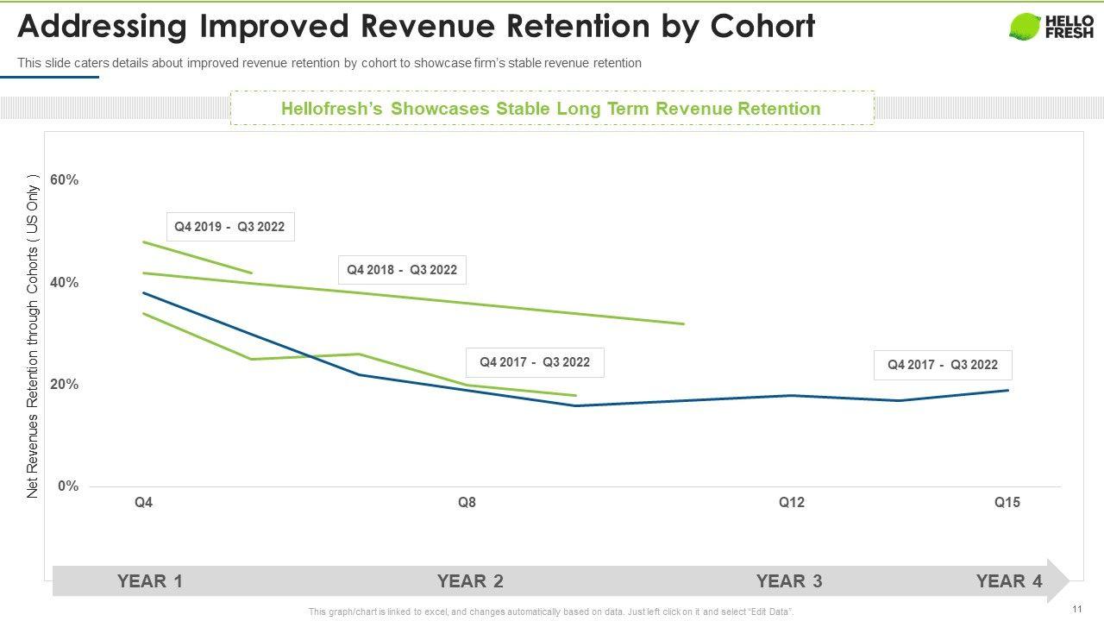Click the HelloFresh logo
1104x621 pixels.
1051,27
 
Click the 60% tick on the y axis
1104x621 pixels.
65,180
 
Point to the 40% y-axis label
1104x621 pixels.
65,283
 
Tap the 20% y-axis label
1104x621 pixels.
65,385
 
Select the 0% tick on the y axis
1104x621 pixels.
68,486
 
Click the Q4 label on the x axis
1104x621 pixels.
143,503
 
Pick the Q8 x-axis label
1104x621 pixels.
467,503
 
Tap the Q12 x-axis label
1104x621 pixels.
791,503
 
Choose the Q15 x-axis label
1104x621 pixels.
1007,503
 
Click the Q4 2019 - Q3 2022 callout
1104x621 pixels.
229,228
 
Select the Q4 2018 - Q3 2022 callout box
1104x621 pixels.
402,271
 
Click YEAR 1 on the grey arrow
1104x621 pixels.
150,581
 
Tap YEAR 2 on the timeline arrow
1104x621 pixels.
470,581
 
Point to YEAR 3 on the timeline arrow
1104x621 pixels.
789,581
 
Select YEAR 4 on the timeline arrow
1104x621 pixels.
1009,581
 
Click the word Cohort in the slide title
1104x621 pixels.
762,28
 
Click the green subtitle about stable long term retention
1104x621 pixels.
551,109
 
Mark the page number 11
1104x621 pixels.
1077,609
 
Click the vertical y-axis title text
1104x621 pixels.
34,337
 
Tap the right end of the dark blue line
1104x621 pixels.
1007,391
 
